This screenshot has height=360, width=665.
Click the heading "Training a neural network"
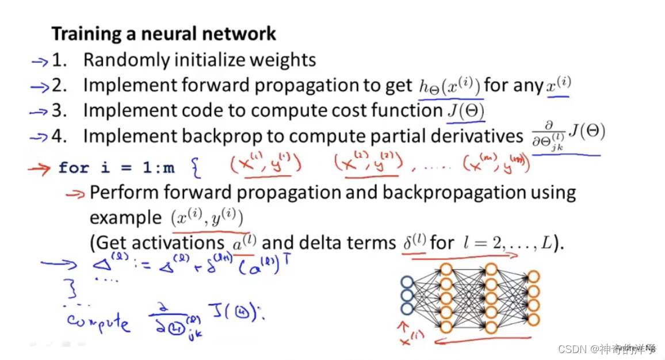[x=164, y=33]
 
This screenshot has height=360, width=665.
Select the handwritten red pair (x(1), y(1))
[x=266, y=165]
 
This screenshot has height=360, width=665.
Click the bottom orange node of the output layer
[x=533, y=320]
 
